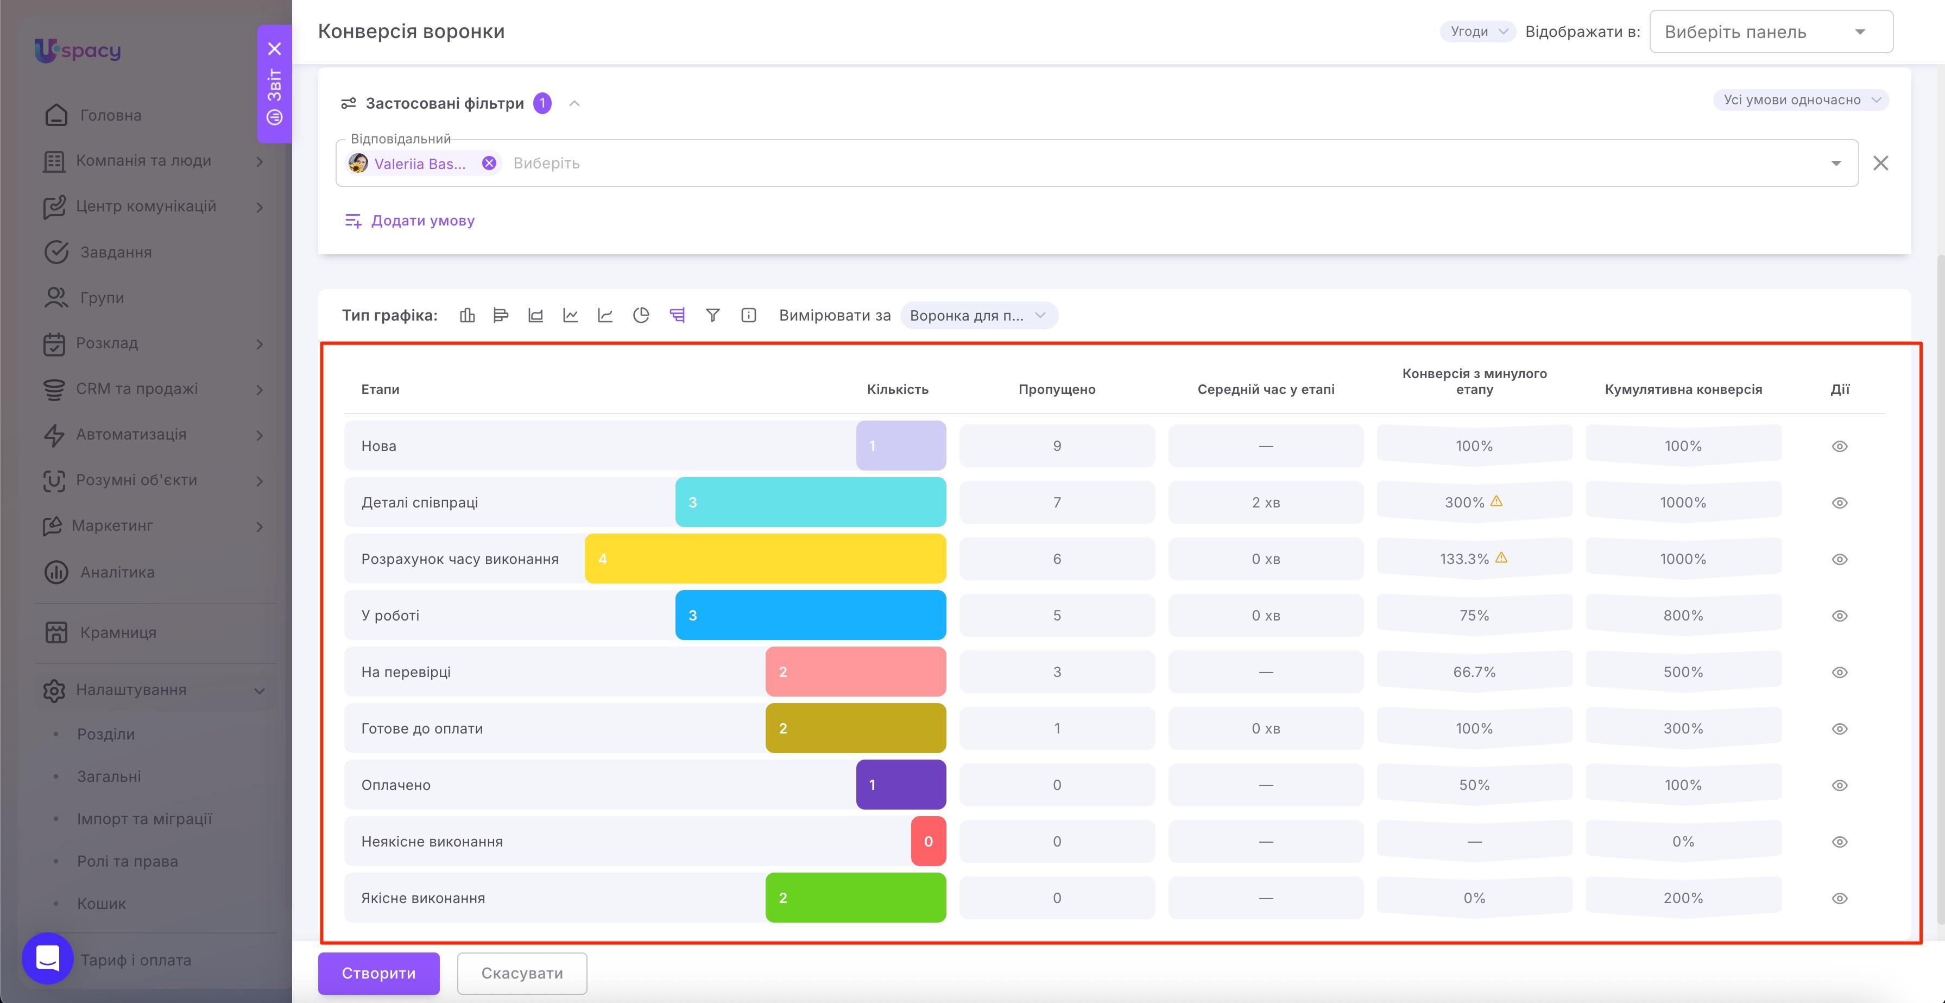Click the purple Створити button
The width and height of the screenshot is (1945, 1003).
(378, 973)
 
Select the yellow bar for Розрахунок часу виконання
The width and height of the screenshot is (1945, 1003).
(765, 559)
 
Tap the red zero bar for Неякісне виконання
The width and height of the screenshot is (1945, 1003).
(929, 842)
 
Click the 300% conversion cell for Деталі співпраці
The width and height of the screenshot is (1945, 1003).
(1474, 502)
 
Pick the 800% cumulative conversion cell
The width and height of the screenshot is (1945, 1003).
(1683, 616)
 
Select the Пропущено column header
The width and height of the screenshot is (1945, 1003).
(1056, 390)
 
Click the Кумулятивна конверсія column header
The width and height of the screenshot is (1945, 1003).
(1683, 390)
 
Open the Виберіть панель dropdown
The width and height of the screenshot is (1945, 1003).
(1771, 32)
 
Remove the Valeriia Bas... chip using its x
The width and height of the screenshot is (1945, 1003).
(489, 163)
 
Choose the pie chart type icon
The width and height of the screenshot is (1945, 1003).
(641, 316)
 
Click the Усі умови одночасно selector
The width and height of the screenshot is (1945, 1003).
(1801, 99)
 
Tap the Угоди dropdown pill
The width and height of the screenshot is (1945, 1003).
(1477, 32)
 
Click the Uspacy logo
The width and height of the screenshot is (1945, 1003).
(78, 51)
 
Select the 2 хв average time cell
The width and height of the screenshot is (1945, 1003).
(1266, 502)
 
